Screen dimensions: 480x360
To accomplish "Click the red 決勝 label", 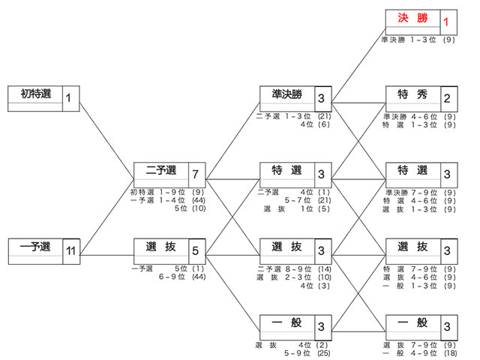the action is [412, 18].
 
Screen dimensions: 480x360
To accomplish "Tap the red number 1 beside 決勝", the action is [446, 22].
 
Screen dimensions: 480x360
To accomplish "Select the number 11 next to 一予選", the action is [70, 251].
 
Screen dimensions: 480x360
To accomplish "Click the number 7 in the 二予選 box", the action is [195, 175].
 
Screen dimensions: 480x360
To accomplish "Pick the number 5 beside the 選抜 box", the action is [195, 251].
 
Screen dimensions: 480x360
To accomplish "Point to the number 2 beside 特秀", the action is [447, 98].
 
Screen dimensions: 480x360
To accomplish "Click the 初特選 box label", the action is [36, 94].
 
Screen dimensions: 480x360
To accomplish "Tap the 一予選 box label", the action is [35, 247].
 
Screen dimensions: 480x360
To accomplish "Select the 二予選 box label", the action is [161, 170].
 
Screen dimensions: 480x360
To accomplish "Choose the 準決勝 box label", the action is [286, 94].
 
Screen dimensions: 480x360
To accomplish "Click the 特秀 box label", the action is [412, 94].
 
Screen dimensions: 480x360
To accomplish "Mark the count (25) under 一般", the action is [323, 353].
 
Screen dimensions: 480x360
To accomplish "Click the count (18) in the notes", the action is [450, 353].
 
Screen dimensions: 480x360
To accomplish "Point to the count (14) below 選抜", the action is [325, 269].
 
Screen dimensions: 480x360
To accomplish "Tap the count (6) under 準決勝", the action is [323, 124].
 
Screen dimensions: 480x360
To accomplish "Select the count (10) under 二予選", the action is [199, 208].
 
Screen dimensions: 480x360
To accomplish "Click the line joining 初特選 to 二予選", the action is [106, 141].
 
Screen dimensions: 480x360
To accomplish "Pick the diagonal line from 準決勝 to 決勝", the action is [358, 65].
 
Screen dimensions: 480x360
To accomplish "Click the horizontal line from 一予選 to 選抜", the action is [106, 255].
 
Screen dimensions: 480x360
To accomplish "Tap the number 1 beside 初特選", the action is [68, 98].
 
